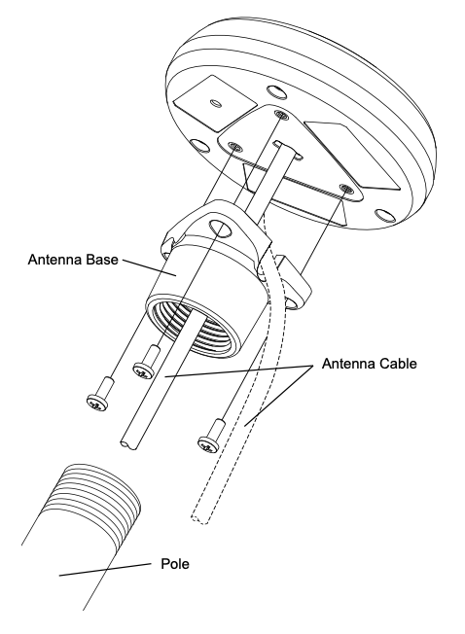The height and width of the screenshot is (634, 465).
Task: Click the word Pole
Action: point(175,563)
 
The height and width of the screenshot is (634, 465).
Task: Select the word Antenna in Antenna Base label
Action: point(54,260)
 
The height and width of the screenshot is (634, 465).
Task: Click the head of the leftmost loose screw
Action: point(97,404)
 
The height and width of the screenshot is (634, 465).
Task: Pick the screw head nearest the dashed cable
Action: point(208,444)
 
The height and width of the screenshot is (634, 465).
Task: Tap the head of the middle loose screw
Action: point(144,370)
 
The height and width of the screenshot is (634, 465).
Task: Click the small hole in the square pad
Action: point(216,103)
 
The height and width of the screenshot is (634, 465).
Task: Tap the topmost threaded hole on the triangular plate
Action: point(280,115)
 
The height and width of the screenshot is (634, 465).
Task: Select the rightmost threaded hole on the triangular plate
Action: point(346,188)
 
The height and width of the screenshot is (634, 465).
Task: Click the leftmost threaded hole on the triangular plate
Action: point(234,146)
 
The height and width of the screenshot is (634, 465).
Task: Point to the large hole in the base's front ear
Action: point(221,229)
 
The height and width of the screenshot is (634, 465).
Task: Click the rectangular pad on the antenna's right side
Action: point(352,155)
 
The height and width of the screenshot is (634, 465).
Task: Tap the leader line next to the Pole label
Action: point(105,569)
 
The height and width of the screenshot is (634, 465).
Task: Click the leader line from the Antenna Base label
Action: point(149,267)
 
